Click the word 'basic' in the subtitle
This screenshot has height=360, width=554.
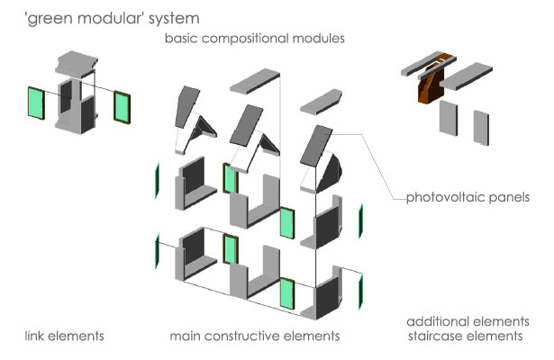[x=180, y=40]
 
